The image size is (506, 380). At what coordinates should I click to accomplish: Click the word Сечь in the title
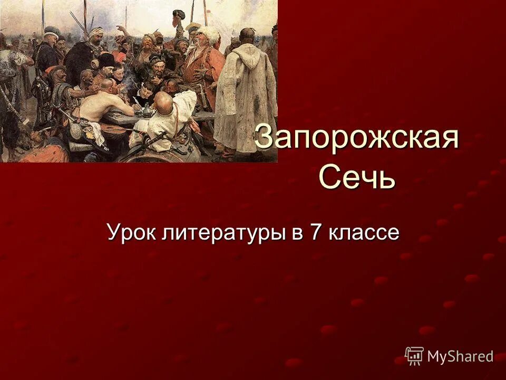coord(357,177)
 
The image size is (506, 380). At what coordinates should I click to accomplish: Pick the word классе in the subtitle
coord(364,232)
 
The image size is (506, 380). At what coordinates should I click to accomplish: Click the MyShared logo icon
coord(414,356)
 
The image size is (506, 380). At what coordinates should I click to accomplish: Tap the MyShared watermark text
coord(460,356)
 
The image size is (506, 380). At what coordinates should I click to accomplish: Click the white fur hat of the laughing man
coord(209,34)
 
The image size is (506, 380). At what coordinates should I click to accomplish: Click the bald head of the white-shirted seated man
coord(165,100)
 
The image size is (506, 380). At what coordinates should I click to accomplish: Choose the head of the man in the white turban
coord(96,35)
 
